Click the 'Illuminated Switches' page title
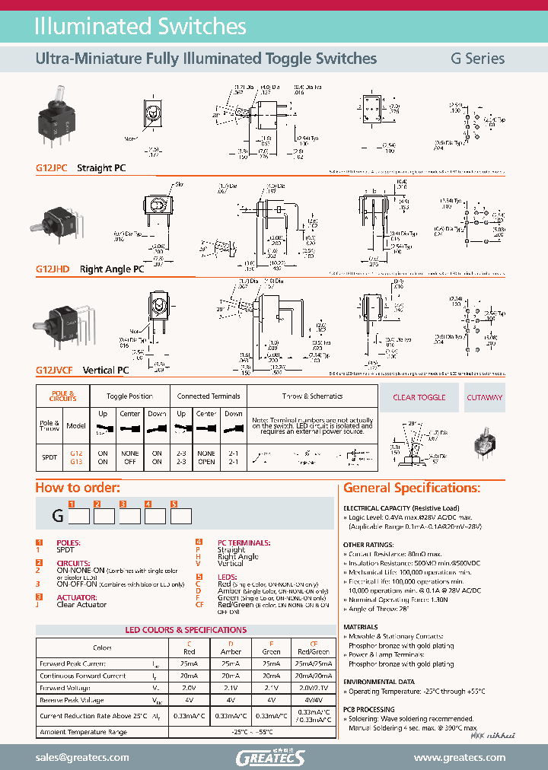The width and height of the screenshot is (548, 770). point(141,27)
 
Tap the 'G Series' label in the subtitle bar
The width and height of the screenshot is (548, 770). point(477,59)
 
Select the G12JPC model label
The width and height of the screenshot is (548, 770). point(52,168)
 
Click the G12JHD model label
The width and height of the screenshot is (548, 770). point(53,269)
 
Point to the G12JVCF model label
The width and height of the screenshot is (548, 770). point(55,371)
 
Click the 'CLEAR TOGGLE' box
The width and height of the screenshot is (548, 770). point(419,397)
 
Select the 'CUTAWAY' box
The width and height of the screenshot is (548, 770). point(484,397)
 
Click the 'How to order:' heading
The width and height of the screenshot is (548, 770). point(78,488)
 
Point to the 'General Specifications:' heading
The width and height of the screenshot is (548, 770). point(412,488)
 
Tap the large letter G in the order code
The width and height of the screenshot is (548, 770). point(57,515)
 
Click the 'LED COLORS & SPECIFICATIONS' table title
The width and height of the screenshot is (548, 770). point(186,630)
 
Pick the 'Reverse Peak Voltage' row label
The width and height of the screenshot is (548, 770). point(72,700)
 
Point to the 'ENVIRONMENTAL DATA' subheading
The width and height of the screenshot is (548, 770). point(379,682)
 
